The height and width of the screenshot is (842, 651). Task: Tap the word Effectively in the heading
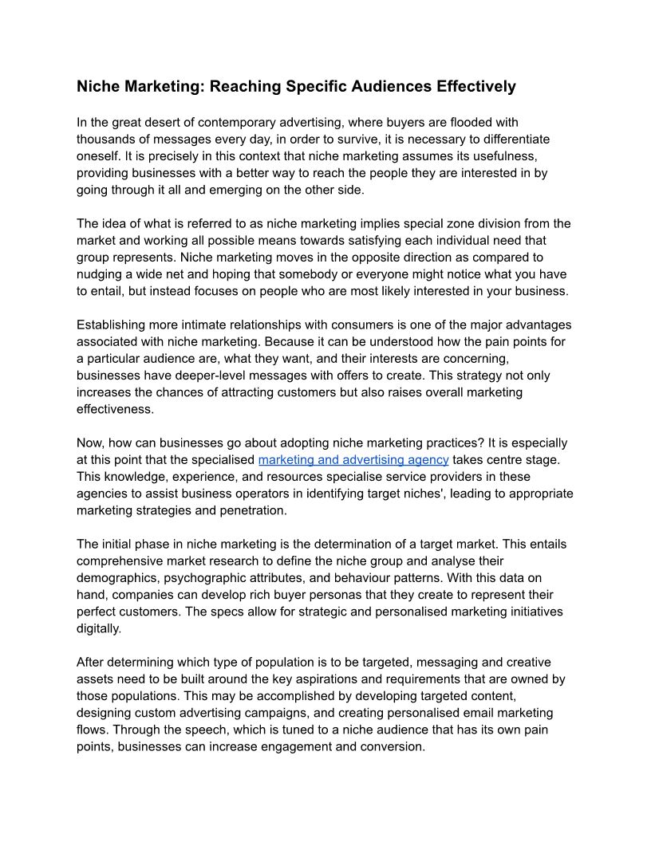(x=473, y=86)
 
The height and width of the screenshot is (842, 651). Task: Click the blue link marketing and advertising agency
(x=353, y=460)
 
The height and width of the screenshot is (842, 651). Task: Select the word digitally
(x=98, y=628)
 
